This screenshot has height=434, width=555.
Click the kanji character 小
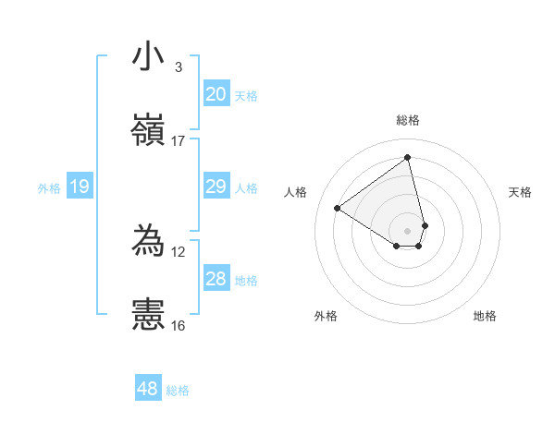coord(149,57)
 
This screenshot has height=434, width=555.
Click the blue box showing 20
coord(216,94)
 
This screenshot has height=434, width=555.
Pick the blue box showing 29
coord(216,187)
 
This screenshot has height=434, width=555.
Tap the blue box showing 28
coord(216,279)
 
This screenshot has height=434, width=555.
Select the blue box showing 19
coord(80,187)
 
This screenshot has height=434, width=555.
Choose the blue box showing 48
coord(148,389)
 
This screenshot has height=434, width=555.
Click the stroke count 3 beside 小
coord(178,67)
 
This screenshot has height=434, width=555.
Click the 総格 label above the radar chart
coord(408,120)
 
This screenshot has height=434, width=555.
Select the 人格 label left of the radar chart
coord(296,192)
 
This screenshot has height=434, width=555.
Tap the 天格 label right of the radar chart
coord(520,192)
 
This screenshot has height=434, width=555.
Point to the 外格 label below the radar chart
coord(326,316)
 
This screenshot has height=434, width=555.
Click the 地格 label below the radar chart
coord(485,316)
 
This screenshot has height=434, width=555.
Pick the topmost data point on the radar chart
coord(408,157)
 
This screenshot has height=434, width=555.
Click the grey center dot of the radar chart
coord(408,230)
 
